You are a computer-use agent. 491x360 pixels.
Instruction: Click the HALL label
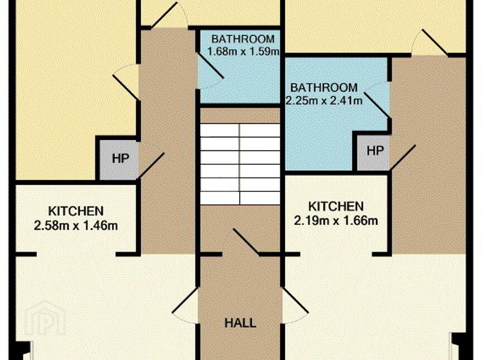240,323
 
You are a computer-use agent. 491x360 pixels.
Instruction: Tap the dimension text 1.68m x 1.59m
243,51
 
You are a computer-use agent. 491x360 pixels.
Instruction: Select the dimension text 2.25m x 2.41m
324,100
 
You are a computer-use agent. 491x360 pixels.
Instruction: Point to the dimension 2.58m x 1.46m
76,225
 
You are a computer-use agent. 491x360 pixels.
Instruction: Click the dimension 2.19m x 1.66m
336,220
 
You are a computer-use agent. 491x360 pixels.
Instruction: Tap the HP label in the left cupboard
121,159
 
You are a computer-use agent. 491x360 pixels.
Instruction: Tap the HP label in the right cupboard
375,151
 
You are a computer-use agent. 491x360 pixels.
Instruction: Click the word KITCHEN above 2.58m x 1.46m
76,211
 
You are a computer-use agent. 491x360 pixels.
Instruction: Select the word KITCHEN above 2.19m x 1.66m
336,207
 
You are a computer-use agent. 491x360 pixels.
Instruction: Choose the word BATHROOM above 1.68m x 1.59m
243,39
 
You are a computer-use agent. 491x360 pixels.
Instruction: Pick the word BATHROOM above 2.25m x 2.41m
324,88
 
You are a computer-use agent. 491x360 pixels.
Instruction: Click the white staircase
240,164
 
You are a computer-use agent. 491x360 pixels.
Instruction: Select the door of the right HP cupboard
403,158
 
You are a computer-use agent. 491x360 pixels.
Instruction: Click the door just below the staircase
246,242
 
